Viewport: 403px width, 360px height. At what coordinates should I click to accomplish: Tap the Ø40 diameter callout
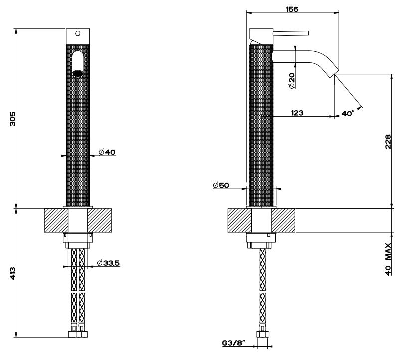(x=107, y=151)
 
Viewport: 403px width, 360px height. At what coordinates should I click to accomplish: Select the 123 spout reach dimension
(x=297, y=113)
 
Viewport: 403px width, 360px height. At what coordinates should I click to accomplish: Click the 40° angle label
(x=348, y=113)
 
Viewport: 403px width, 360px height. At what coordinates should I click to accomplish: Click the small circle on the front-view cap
(x=77, y=34)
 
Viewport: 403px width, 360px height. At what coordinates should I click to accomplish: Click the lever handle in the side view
(x=292, y=34)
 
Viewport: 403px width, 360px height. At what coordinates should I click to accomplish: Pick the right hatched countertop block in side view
(x=284, y=221)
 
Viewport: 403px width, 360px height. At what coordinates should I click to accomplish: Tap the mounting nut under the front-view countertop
(x=77, y=240)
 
